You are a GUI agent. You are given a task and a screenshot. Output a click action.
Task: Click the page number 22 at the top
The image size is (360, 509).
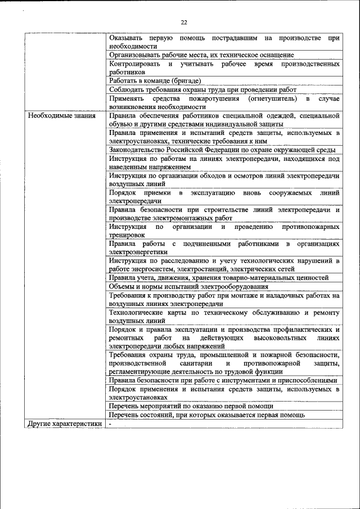click(x=183, y=22)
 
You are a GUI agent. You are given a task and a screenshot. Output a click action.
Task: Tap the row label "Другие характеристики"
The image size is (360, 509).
click(x=64, y=424)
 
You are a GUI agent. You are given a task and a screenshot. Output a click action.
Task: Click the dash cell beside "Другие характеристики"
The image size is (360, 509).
click(x=111, y=424)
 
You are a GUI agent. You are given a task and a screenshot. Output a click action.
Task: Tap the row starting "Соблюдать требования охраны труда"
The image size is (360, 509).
click(x=202, y=89)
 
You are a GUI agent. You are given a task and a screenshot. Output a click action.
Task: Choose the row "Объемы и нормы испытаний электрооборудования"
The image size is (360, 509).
click(x=188, y=286)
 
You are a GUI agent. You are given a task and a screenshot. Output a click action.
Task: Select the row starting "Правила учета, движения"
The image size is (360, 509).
click(x=219, y=278)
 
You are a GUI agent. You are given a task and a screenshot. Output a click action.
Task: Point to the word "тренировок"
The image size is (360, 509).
click(x=127, y=235)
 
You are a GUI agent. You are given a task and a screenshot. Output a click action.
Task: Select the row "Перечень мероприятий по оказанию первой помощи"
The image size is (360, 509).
click(x=191, y=406)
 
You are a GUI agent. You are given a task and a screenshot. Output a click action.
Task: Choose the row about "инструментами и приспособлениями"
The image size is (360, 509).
click(x=223, y=381)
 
